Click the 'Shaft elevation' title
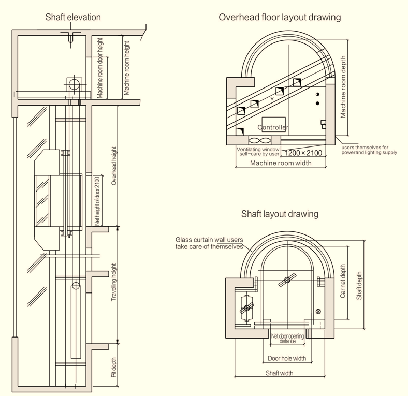[x=73, y=18]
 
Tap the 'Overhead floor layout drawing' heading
[x=280, y=18]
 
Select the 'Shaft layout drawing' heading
[x=280, y=214]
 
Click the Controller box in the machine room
[x=273, y=127]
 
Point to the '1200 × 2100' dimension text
[x=303, y=153]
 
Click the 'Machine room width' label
[x=281, y=163]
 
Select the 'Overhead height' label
[x=114, y=166]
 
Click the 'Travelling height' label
[x=114, y=283]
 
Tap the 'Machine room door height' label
[x=100, y=68]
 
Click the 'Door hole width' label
[x=286, y=358]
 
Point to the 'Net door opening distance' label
[x=287, y=339]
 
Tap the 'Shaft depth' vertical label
[x=359, y=282]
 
